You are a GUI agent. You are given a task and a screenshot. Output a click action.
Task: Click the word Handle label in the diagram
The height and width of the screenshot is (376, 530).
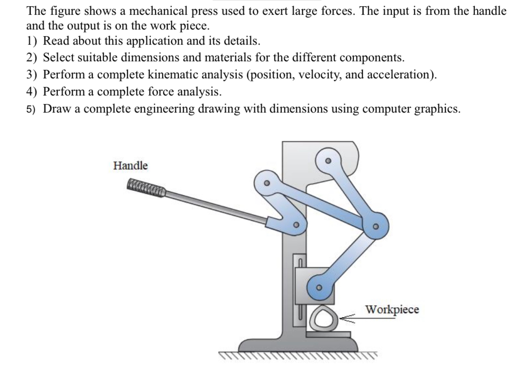point(130,166)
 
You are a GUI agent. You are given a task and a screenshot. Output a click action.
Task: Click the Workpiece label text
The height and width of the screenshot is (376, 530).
point(392,310)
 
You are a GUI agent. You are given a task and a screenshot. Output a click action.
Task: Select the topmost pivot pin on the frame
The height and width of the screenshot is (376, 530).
point(327,160)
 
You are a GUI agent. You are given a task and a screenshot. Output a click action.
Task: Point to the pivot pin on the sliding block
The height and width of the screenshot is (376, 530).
point(319,287)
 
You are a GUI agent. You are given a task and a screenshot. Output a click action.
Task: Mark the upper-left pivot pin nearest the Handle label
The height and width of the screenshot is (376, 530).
point(267,182)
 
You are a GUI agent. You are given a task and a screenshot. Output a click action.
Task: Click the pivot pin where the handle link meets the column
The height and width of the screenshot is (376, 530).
point(296,225)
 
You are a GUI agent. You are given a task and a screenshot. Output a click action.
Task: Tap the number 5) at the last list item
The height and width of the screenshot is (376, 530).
point(32,109)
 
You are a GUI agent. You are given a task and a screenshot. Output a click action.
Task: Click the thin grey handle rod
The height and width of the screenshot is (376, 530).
point(214,205)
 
